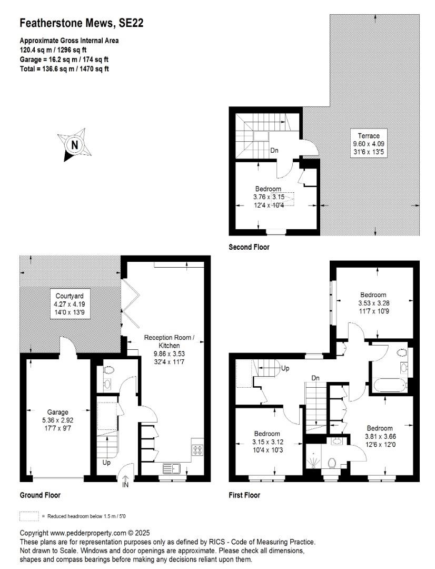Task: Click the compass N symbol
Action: [74, 145]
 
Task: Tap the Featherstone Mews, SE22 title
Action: [81, 23]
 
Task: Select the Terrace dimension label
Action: [369, 144]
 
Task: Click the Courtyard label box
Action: [70, 304]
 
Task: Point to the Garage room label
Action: [58, 420]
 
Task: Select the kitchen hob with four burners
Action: [197, 450]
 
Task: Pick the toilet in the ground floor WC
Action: [108, 370]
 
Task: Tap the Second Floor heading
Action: [249, 247]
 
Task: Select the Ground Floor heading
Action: [40, 495]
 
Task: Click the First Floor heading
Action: [244, 495]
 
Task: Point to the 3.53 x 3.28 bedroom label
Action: [373, 303]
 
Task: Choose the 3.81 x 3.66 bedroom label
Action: [380, 436]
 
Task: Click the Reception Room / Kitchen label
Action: [169, 349]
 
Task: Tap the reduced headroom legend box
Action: [29, 516]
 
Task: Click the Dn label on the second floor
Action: [274, 150]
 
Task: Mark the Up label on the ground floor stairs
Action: [106, 463]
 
